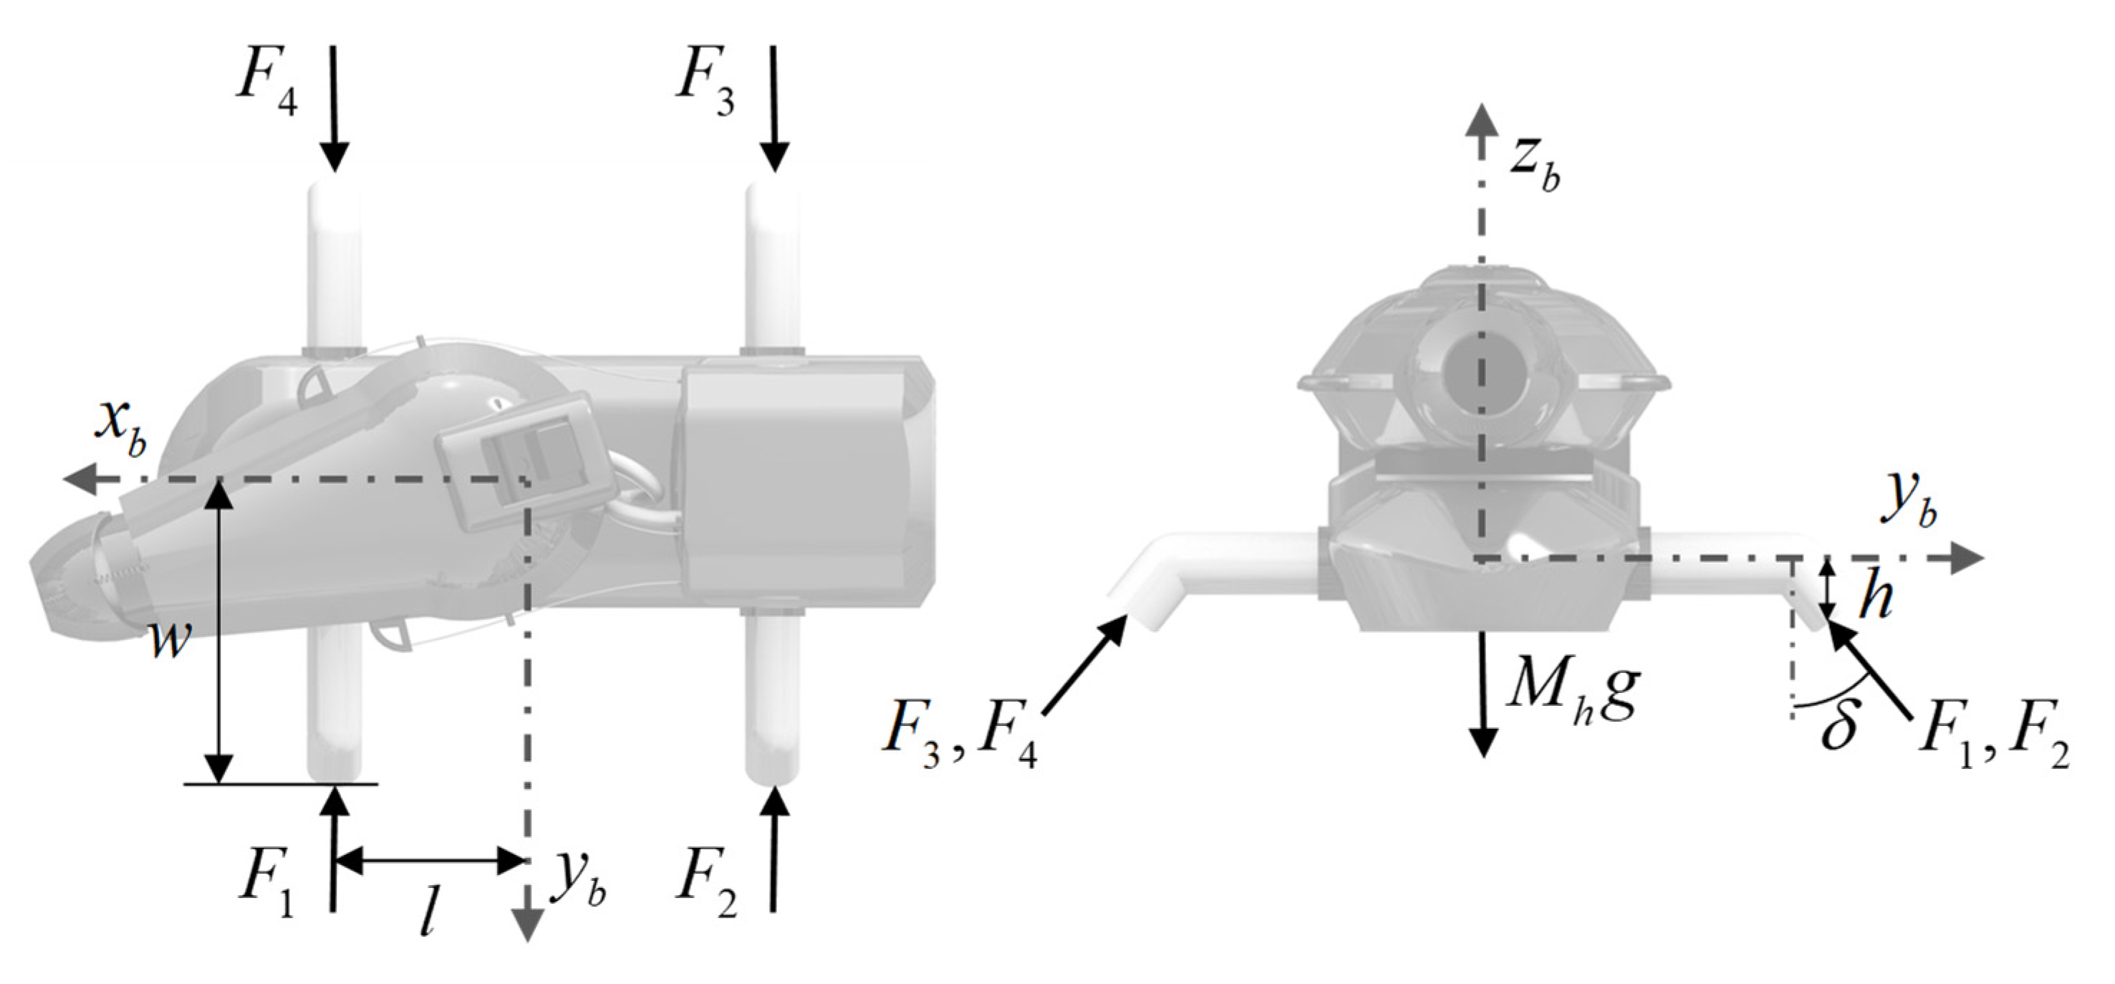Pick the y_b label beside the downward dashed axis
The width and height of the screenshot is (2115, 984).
(x=578, y=884)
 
